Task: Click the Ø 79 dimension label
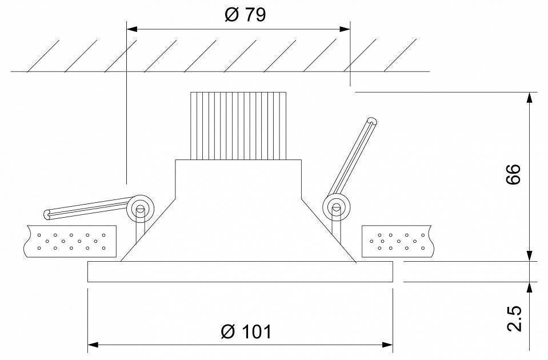pos(245,15)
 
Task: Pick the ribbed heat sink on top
pos(237,126)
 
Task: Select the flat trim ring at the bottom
pos(240,272)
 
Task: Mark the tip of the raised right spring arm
pos(373,121)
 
